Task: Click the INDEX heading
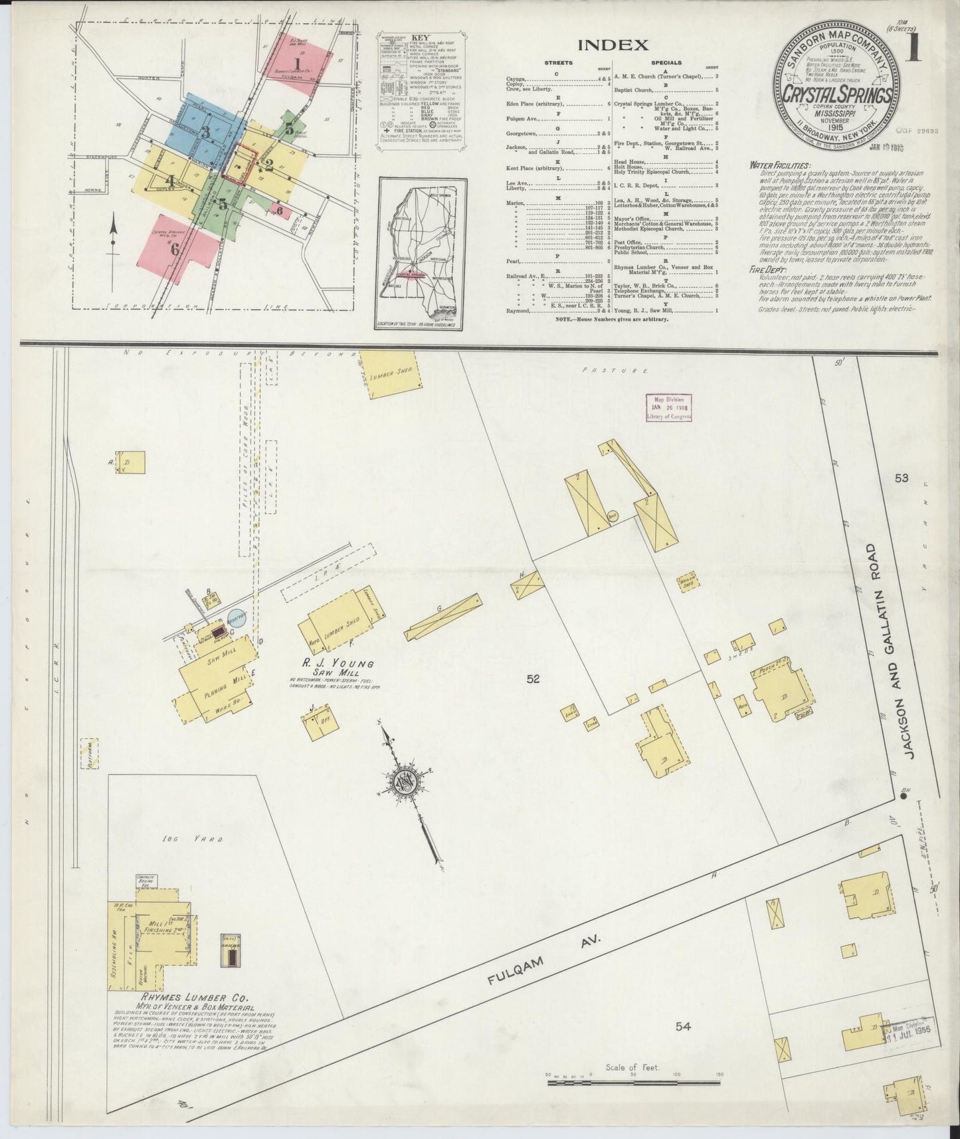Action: click(x=613, y=45)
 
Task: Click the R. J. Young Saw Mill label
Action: click(x=329, y=668)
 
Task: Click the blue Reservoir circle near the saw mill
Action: click(x=236, y=617)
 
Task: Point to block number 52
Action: click(x=532, y=679)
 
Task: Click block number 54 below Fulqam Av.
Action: click(x=683, y=1045)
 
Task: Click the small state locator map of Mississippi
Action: click(x=423, y=254)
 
